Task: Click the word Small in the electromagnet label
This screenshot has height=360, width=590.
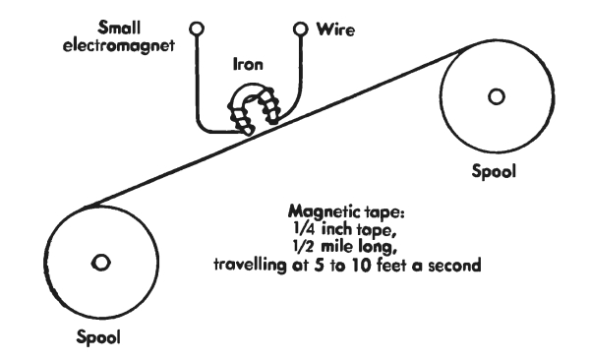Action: [119, 28]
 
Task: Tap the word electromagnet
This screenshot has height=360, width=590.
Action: [119, 46]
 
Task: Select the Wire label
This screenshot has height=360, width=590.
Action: [335, 30]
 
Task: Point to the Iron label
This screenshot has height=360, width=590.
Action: [248, 64]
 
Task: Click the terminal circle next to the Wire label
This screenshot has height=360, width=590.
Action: [300, 29]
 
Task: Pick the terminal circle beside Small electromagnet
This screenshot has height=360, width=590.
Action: [197, 29]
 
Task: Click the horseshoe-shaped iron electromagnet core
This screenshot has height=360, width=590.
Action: [253, 90]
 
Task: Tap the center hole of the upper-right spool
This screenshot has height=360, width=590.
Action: [497, 96]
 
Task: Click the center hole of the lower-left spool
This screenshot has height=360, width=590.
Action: [101, 263]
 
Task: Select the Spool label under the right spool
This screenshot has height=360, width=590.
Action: [494, 172]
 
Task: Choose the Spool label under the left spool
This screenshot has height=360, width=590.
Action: [98, 336]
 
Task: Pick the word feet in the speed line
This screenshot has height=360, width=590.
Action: [391, 266]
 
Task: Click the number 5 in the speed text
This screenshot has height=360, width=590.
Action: [319, 266]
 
